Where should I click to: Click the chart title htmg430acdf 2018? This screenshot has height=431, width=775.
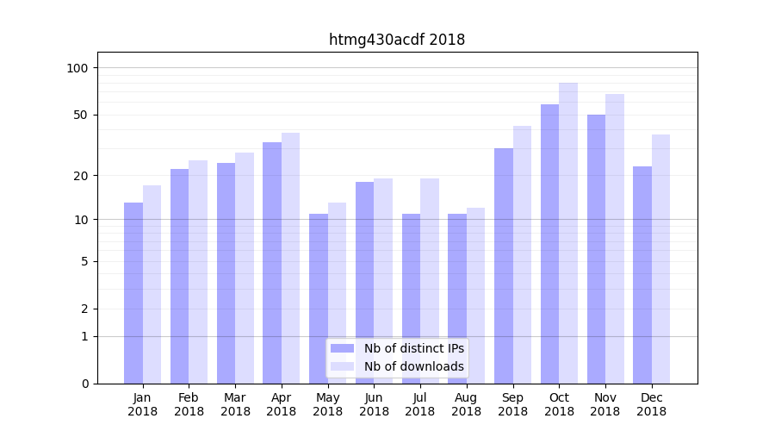[x=397, y=40]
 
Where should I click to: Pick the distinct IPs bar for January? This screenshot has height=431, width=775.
[x=133, y=293]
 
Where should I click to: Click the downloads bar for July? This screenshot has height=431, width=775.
[x=429, y=281]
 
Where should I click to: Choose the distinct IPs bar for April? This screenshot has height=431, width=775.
[x=272, y=263]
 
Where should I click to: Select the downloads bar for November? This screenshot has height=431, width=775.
[x=615, y=239]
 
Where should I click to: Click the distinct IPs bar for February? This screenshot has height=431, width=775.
[x=179, y=276]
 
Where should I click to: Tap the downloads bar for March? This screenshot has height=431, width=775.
[x=245, y=268]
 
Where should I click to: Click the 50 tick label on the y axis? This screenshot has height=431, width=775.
[x=80, y=115]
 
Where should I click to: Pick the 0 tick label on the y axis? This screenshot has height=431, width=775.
[x=84, y=384]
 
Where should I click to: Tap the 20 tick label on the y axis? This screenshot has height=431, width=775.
[x=80, y=176]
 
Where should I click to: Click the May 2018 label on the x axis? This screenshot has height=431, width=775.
[x=327, y=404]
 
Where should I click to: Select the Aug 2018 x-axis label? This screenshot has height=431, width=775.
[x=467, y=404]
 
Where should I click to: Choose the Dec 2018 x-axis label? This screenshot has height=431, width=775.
[x=652, y=404]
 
